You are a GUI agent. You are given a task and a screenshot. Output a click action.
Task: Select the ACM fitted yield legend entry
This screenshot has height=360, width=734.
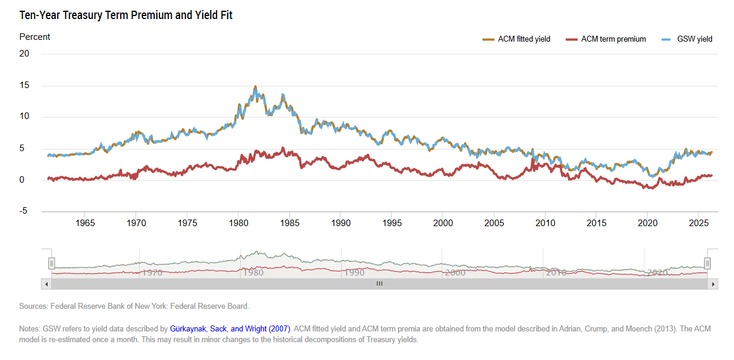(516, 39)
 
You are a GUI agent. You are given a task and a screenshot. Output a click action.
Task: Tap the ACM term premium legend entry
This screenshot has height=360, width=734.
(606, 39)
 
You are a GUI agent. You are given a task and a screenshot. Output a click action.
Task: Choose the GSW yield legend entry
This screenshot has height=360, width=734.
(687, 39)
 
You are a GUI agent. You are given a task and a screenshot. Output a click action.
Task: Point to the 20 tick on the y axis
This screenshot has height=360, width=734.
(24, 54)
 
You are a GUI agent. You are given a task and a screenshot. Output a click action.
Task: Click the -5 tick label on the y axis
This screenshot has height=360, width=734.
(23, 211)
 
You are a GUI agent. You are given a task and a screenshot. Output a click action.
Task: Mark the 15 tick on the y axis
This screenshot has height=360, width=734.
(24, 85)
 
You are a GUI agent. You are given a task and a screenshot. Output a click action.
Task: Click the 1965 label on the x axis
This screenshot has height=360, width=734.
(85, 223)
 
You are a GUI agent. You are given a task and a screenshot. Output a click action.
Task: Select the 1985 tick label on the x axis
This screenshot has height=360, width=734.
(290, 223)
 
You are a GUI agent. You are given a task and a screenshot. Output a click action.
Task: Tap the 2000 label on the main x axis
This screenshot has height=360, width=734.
(443, 223)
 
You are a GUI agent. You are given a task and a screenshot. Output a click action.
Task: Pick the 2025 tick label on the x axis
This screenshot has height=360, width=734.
(699, 223)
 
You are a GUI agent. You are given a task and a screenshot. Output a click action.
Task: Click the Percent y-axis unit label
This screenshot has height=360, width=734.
(34, 37)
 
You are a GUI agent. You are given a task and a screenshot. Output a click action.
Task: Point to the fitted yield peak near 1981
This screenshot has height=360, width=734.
(255, 86)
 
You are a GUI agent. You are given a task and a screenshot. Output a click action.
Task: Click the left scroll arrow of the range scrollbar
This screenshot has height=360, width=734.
(46, 284)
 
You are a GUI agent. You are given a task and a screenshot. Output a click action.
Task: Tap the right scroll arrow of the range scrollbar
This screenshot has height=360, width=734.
(713, 284)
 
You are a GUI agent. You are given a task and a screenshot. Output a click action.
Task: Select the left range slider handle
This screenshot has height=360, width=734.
(51, 263)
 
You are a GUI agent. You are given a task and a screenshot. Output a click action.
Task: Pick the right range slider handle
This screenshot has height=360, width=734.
(707, 263)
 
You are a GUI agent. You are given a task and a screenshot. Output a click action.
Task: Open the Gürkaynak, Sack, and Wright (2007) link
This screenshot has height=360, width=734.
(230, 328)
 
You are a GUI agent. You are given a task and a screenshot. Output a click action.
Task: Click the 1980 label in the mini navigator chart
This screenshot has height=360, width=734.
(253, 273)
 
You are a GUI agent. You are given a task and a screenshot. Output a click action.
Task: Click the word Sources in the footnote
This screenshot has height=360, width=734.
(33, 306)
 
